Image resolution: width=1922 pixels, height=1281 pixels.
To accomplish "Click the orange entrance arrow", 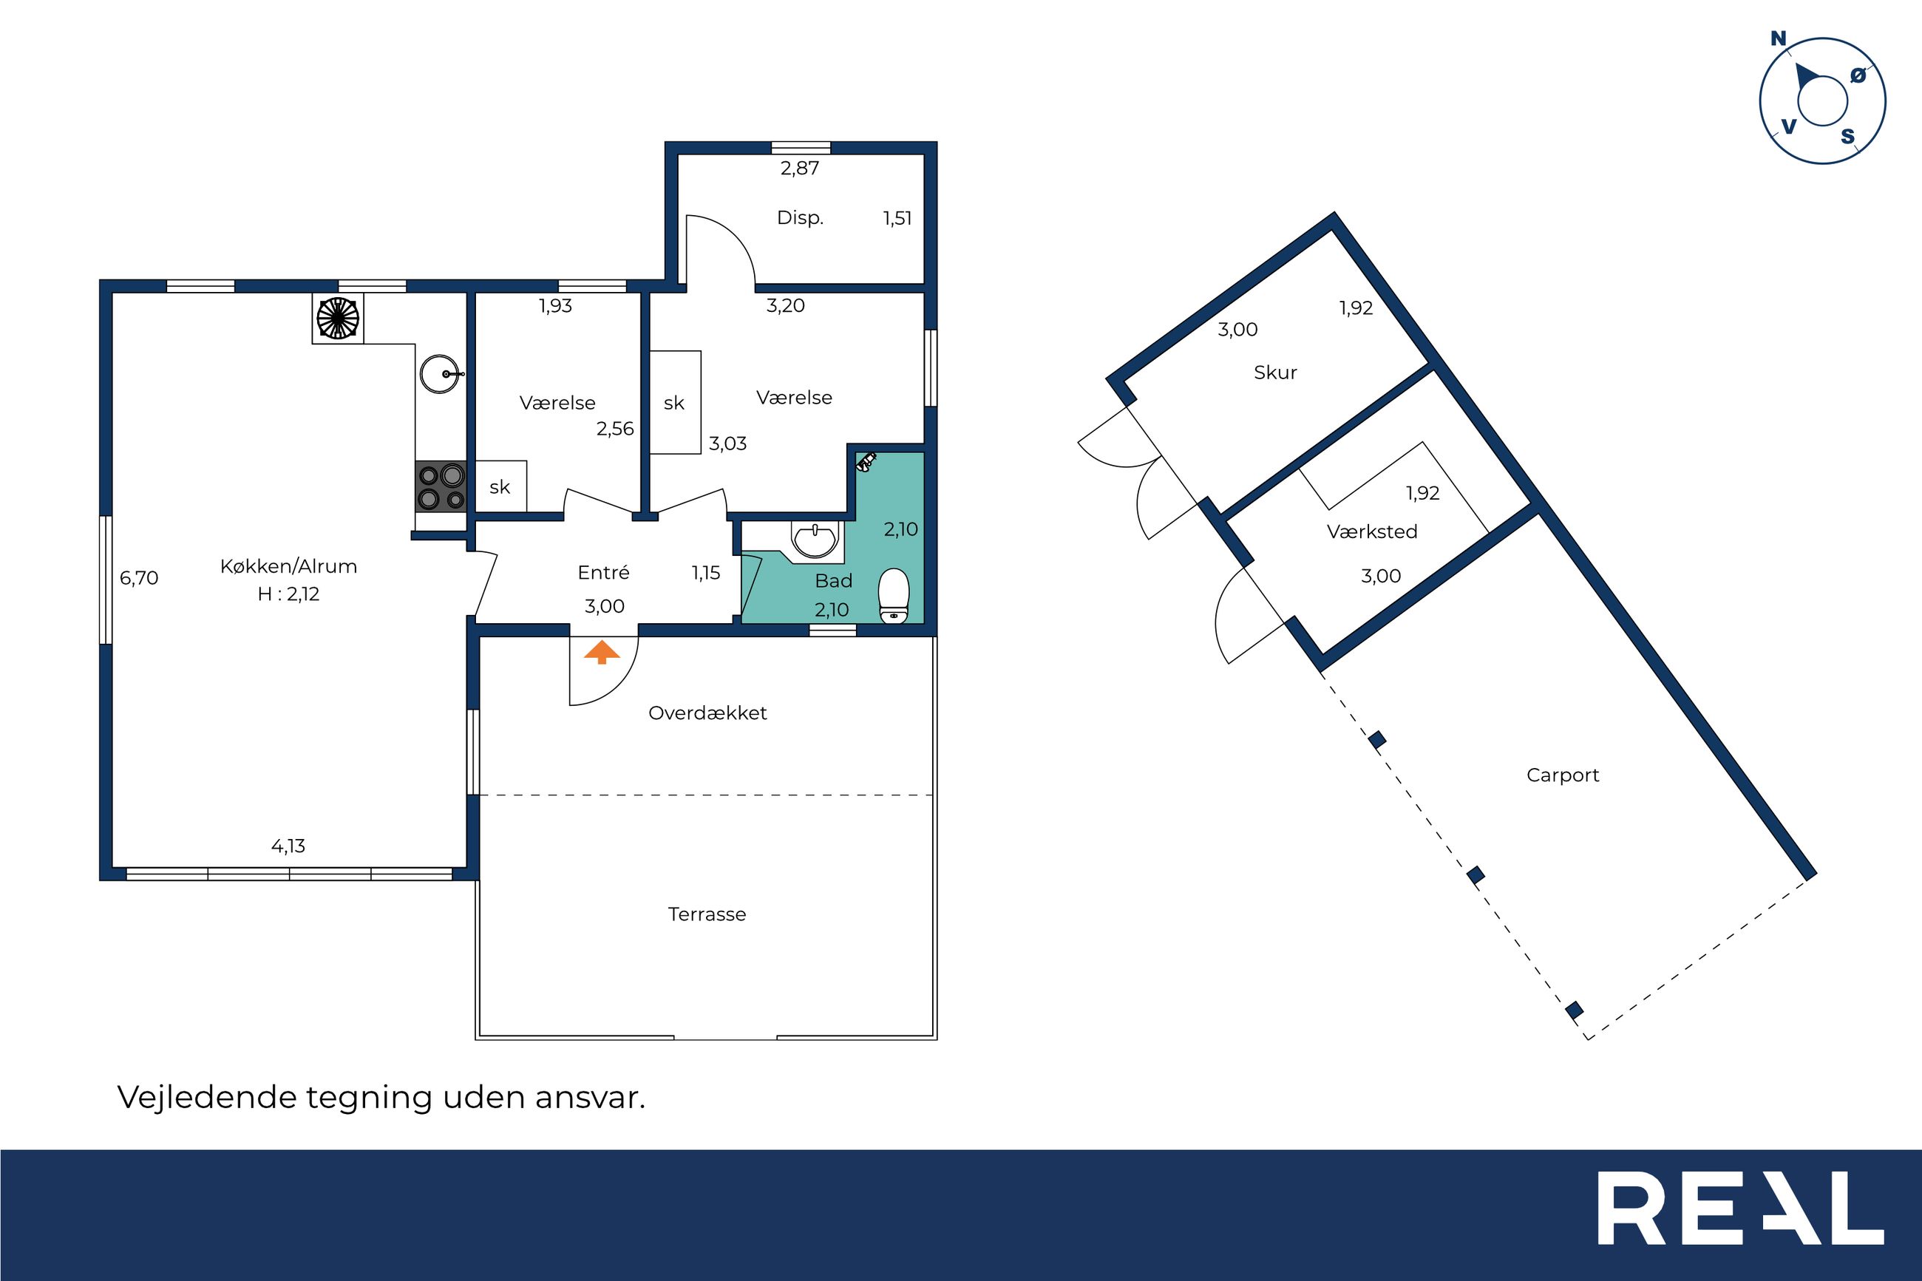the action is pos(602,652).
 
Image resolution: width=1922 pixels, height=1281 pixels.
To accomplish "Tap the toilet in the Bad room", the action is pos(894,596).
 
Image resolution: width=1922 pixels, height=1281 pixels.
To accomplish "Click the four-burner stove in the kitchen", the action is pos(441,486).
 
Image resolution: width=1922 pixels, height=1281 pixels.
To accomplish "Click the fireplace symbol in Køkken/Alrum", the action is pos(337,318).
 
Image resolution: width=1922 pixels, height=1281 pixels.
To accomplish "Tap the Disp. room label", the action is pos(800,218).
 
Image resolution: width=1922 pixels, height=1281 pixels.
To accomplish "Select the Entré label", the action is pos(604,573).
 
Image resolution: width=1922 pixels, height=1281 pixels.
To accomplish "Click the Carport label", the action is pos(1563,775).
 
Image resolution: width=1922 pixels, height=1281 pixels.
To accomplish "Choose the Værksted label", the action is pos(1372,532).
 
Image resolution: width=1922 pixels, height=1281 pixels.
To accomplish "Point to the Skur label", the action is pos(1275,373).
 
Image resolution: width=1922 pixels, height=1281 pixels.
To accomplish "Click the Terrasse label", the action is pos(707,914).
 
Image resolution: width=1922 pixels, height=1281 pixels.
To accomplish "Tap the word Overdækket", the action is pos(707,713).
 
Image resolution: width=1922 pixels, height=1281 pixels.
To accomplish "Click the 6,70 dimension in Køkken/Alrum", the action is pos(139,579).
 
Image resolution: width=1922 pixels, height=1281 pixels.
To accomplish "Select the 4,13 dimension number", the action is pos(288,846).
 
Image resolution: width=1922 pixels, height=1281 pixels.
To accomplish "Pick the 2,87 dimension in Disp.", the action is pos(800,169).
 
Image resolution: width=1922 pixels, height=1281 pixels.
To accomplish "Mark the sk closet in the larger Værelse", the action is pos(675,403).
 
